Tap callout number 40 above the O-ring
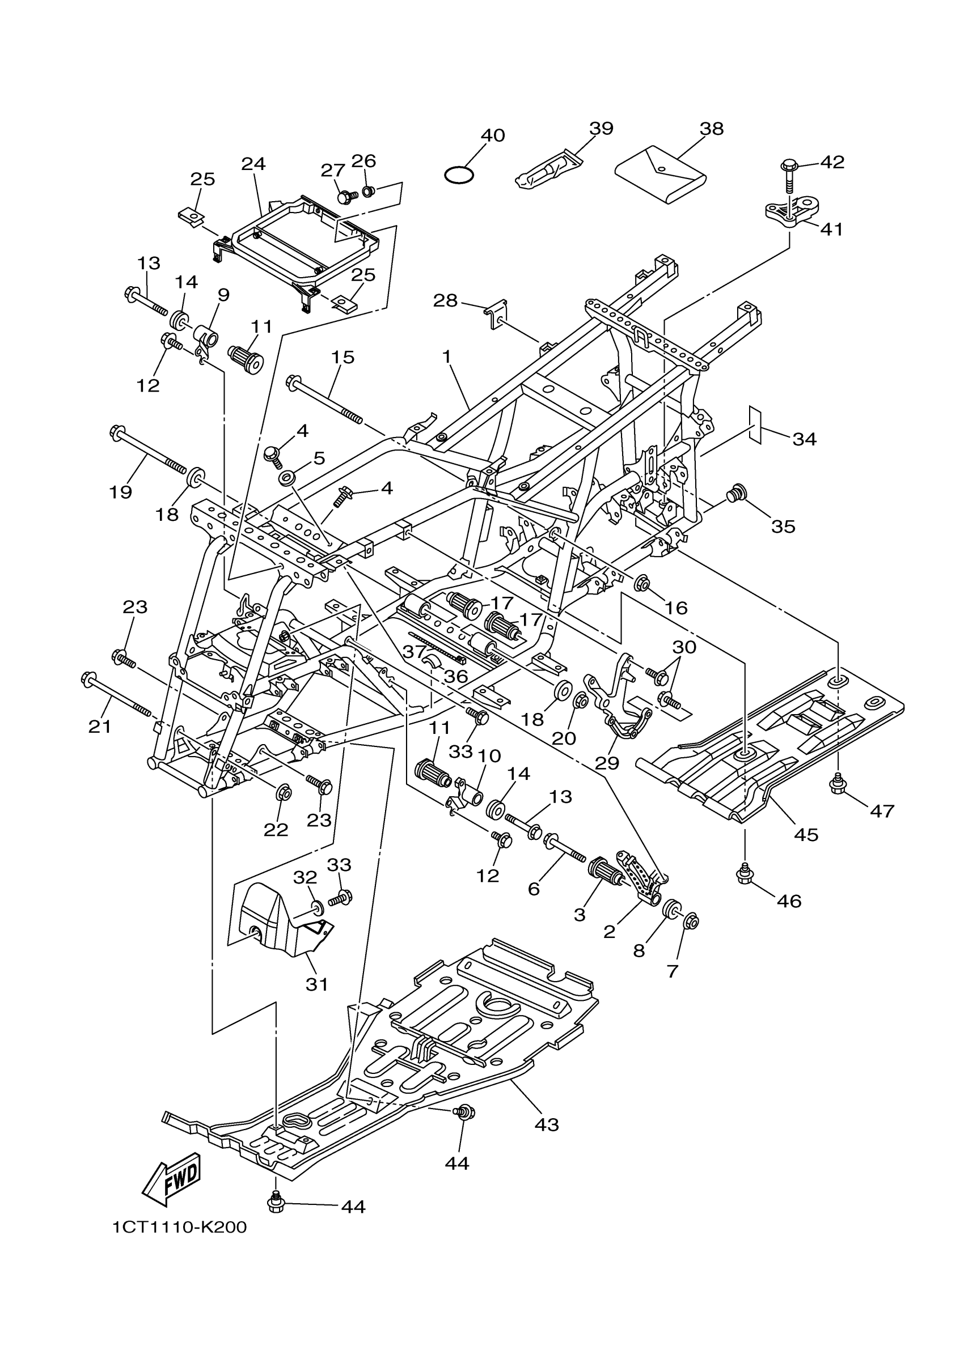pos(492,135)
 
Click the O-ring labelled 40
pos(459,175)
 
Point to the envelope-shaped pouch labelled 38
pos(660,175)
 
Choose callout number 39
pos(601,128)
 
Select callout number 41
pos(831,228)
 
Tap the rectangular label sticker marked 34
pos(754,424)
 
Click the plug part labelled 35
pos(737,493)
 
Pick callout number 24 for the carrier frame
pos(253,163)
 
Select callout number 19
pos(121,491)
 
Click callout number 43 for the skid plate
pos(547,1124)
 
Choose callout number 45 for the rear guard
pos(806,834)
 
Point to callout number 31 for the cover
pos(316,984)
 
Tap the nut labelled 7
pos(691,922)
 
